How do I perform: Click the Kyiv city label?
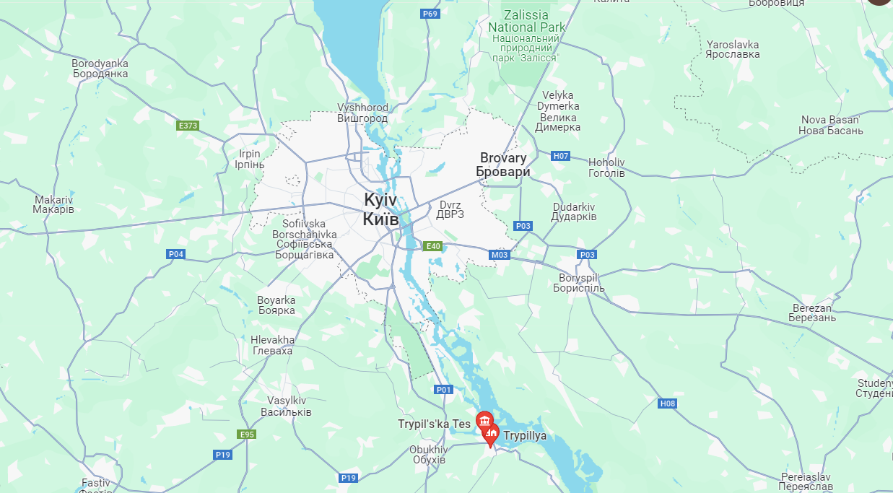tap(380, 208)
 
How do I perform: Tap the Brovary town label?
tap(503, 165)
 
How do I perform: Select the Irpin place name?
tap(250, 159)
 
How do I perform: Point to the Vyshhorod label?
tap(362, 113)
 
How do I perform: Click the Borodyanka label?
tap(100, 69)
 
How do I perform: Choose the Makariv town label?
tap(53, 204)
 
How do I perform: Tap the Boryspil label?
tap(579, 283)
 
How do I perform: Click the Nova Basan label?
tap(830, 125)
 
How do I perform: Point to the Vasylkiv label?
tap(287, 406)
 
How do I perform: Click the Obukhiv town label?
tap(427, 454)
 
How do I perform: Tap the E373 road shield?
tap(188, 126)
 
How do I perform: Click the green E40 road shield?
tap(432, 246)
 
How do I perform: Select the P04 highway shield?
tap(175, 254)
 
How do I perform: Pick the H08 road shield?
tap(668, 403)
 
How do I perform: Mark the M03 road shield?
tap(500, 255)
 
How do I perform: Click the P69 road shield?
tap(430, 14)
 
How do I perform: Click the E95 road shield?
tap(247, 434)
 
